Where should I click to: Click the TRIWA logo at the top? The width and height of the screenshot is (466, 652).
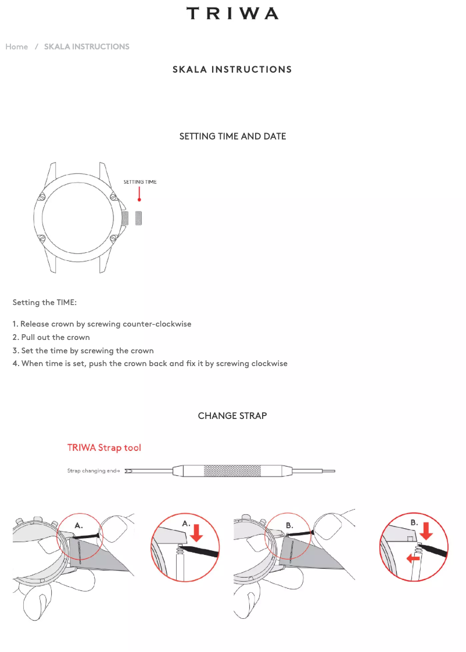[232, 13]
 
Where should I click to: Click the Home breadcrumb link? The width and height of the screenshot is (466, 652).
[17, 46]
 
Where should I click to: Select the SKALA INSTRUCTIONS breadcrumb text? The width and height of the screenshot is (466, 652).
[87, 46]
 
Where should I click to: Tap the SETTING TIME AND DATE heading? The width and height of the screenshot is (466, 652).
[232, 137]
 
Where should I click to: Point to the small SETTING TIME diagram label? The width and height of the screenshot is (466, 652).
[140, 182]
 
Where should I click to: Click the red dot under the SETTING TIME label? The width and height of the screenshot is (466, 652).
[139, 200]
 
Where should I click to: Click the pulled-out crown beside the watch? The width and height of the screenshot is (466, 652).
[139, 218]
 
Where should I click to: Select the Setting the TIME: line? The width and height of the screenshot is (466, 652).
[45, 303]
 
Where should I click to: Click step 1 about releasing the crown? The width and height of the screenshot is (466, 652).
[102, 324]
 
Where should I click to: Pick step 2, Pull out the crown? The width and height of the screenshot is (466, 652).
[51, 337]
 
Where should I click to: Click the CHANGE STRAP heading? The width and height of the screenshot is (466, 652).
[232, 416]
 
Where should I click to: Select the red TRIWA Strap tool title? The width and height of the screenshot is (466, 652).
[104, 447]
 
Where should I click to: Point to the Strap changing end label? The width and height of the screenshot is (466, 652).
[93, 471]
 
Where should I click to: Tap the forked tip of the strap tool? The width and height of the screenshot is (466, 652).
[129, 471]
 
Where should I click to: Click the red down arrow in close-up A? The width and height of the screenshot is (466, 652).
[197, 533]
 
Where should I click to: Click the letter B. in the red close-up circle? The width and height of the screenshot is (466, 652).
[414, 522]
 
